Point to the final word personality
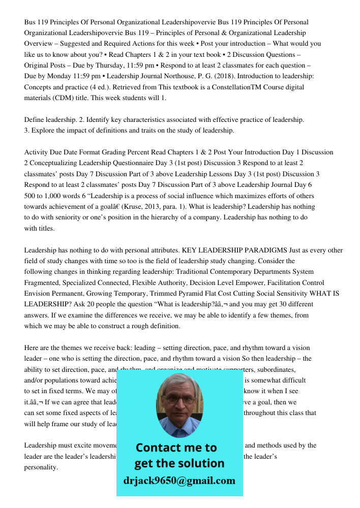41,467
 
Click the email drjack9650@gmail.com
179,481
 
